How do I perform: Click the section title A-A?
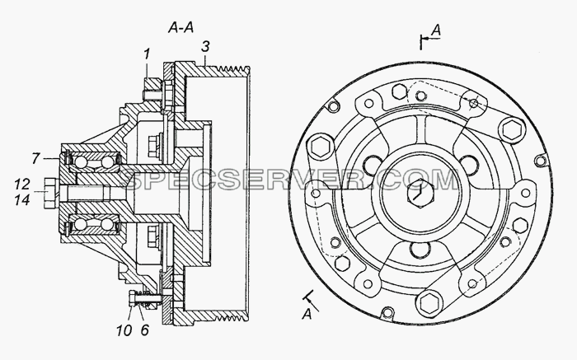click(181, 27)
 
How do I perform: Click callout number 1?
click(147, 54)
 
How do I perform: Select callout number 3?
click(205, 47)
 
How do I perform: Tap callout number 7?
click(35, 158)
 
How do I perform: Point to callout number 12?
click(22, 185)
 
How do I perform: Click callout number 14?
click(22, 199)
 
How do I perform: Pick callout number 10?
click(124, 330)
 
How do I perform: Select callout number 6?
click(145, 330)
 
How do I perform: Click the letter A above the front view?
click(436, 30)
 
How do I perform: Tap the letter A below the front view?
click(307, 315)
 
